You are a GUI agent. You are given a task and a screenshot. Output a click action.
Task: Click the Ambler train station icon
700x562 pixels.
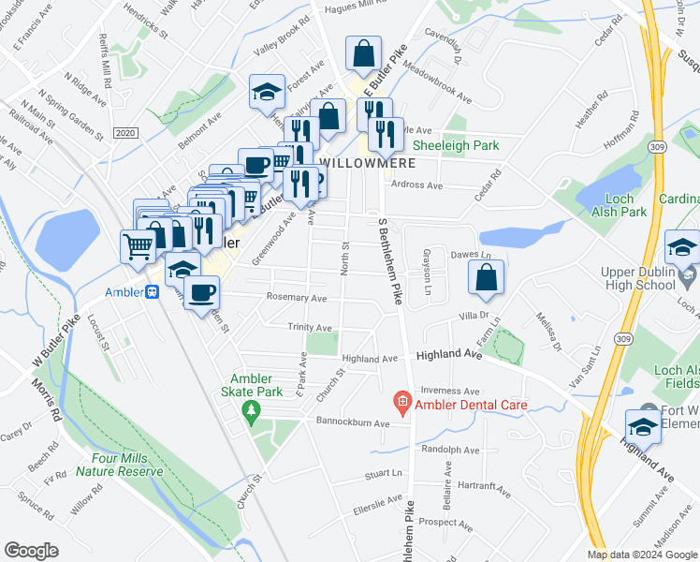click(x=152, y=290)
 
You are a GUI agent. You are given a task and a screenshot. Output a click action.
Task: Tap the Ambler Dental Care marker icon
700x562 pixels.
click(x=402, y=405)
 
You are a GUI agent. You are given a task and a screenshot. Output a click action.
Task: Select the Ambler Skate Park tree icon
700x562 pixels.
click(x=250, y=410)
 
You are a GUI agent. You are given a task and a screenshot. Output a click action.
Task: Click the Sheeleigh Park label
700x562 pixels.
click(x=456, y=145)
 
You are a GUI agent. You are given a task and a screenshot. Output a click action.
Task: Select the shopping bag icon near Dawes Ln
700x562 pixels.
click(x=487, y=277)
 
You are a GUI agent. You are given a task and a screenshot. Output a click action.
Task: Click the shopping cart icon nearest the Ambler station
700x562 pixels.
click(x=138, y=247)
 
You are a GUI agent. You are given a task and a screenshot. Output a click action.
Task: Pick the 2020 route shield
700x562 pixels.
click(x=124, y=134)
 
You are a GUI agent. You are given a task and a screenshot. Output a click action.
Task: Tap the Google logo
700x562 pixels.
click(x=32, y=550)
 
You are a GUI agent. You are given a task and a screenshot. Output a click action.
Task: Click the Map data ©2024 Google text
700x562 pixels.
click(x=642, y=555)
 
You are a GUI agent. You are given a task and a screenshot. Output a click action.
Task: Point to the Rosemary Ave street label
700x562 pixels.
click(x=298, y=299)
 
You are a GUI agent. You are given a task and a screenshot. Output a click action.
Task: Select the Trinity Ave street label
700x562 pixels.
click(x=311, y=328)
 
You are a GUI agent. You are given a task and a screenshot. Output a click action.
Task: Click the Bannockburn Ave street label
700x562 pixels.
click(x=357, y=423)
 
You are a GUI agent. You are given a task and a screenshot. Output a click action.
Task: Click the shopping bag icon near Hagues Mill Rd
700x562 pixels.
click(x=363, y=55)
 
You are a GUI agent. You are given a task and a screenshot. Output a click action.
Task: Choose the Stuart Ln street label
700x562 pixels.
click(x=384, y=474)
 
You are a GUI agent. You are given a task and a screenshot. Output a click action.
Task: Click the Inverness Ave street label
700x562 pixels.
click(x=450, y=391)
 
